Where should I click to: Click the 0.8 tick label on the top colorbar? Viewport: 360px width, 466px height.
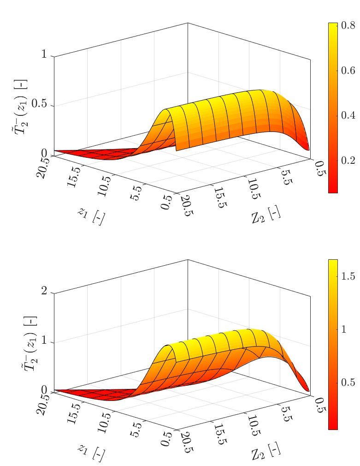click(x=348, y=26)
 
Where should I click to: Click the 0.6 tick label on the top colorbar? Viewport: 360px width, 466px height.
click(x=348, y=71)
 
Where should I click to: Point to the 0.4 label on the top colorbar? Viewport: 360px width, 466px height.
click(x=348, y=115)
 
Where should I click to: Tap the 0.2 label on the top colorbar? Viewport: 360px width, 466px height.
click(x=348, y=160)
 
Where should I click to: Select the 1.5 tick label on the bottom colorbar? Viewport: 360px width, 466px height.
click(x=348, y=276)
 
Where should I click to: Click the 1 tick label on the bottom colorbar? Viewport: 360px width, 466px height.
click(x=344, y=329)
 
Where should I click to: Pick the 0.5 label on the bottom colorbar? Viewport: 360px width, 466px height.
click(x=348, y=382)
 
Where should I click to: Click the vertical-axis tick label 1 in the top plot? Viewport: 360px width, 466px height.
click(x=44, y=54)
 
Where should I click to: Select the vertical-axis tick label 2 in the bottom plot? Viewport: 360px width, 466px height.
click(x=44, y=291)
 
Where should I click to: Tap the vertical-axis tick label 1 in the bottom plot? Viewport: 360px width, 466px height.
click(x=44, y=341)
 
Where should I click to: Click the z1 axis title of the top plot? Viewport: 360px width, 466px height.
click(x=91, y=216)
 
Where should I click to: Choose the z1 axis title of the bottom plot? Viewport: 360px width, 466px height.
click(x=91, y=452)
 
